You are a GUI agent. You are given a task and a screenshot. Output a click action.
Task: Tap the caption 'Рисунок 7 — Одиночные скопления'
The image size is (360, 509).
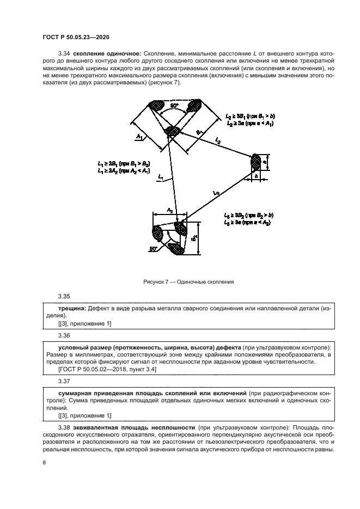click(189, 282)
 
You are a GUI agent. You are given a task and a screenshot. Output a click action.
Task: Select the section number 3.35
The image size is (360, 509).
click(64, 296)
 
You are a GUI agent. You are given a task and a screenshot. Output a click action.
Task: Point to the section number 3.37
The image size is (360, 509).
click(64, 382)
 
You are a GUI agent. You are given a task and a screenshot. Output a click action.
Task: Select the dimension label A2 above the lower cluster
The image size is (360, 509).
click(169, 210)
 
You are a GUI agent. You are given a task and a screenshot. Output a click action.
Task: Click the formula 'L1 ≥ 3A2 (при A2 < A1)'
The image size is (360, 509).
click(125, 170)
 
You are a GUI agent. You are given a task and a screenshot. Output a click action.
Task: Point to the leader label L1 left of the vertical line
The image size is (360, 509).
click(160, 177)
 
